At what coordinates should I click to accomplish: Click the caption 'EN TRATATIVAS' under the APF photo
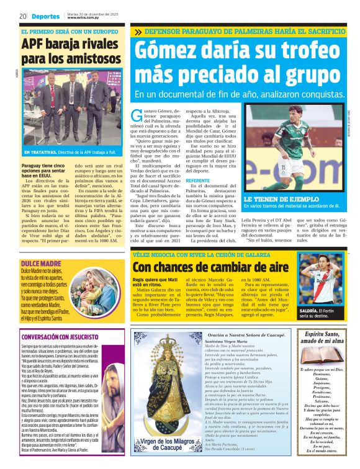click(41, 152)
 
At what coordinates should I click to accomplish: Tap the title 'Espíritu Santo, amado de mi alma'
click(316, 337)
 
